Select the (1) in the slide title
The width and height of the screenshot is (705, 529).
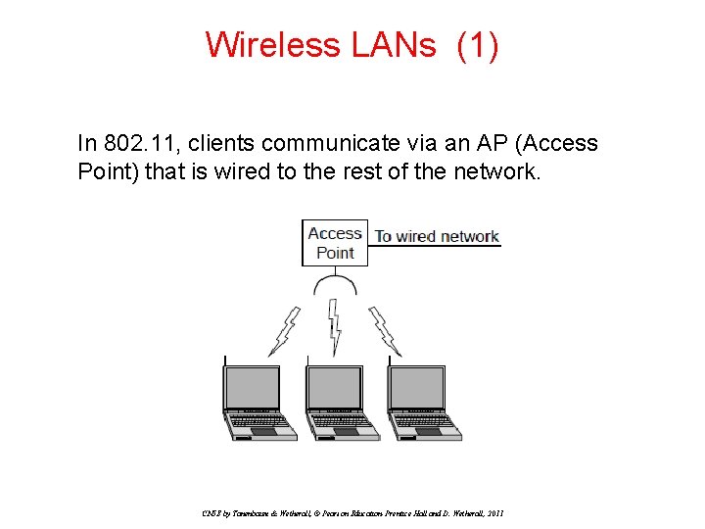pos(478,45)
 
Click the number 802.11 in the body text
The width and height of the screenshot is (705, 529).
pos(139,143)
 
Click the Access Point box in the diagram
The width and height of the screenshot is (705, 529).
pos(335,243)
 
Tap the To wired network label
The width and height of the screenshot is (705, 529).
pos(437,236)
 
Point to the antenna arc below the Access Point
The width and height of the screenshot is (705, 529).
pos(335,284)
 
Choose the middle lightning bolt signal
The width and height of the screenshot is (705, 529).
pos(335,329)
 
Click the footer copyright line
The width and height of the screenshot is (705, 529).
pos(352,512)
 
